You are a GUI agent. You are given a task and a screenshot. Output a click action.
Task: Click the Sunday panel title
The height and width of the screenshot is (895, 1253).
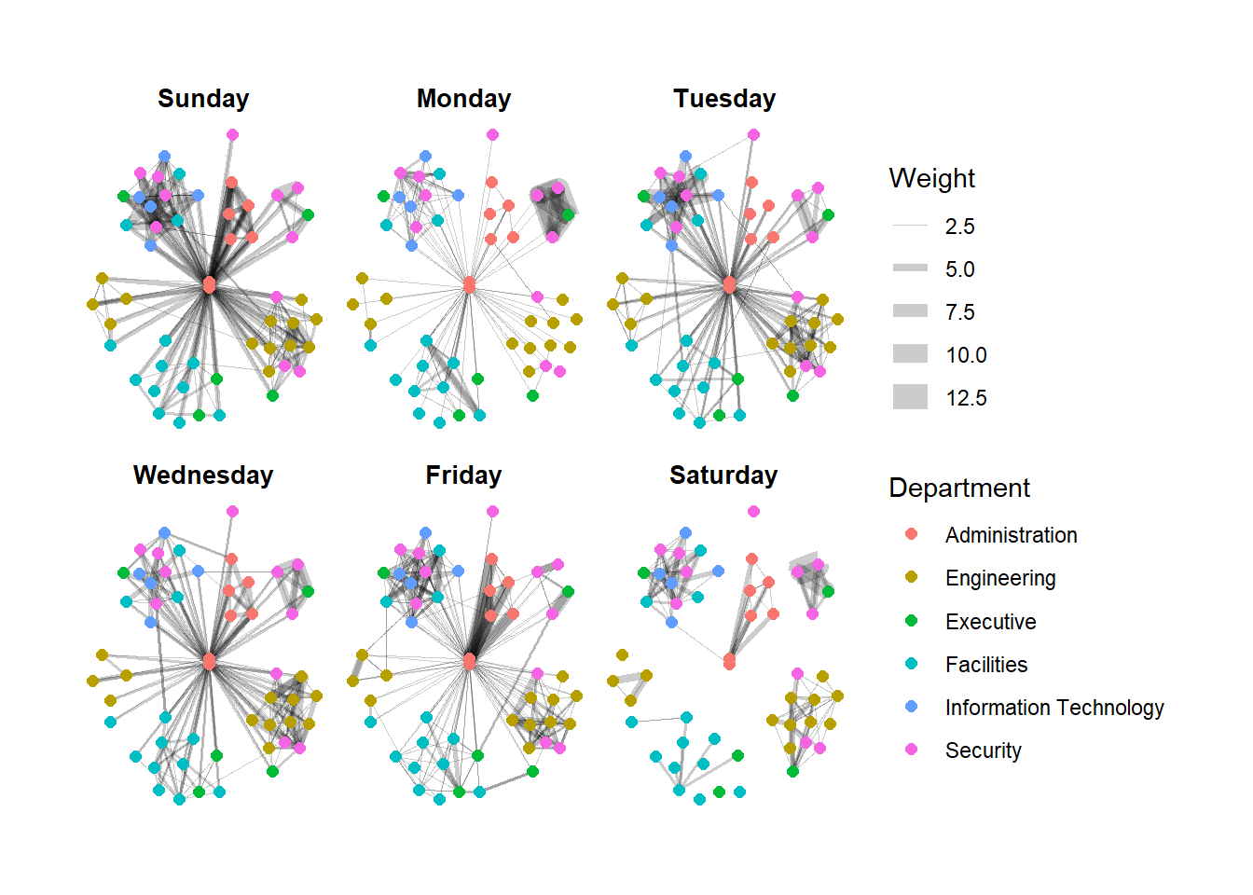coord(203,99)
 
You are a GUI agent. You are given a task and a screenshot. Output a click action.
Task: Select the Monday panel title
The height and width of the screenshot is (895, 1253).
coord(463,99)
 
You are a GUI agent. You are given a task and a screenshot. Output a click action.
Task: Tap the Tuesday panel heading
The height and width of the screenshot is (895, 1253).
coord(724,99)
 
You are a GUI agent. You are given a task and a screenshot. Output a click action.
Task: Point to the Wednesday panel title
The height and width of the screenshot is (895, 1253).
coord(203,475)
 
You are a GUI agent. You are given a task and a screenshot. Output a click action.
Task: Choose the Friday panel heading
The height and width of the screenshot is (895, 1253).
coord(463,475)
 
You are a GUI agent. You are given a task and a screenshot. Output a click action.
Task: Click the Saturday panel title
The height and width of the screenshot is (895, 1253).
coord(723,475)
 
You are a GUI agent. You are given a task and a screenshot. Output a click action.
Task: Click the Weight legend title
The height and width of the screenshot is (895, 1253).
coord(931,178)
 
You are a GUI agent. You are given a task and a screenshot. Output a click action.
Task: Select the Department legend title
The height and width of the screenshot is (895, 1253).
coord(958,488)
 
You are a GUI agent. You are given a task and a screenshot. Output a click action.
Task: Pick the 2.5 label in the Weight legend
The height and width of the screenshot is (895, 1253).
coord(959,227)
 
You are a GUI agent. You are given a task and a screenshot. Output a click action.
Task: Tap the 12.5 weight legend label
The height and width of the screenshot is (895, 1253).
coord(966,398)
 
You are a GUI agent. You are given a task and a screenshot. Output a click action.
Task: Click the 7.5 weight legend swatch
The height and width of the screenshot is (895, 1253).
coord(910,311)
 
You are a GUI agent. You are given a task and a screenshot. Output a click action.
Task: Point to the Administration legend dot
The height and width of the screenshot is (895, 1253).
coord(912,534)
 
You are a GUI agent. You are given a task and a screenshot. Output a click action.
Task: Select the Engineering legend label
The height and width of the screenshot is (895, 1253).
coord(999,578)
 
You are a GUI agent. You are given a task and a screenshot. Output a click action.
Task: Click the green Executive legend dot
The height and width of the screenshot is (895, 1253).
coord(912,621)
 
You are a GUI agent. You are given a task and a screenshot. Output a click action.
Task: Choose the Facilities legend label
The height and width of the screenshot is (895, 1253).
coord(985,665)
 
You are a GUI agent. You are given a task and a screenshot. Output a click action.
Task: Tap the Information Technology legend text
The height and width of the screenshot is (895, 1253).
coord(1053,708)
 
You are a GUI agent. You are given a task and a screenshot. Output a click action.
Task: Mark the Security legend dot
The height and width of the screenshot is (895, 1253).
coord(912,750)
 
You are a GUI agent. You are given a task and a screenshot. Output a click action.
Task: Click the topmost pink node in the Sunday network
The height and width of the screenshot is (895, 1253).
coord(232,135)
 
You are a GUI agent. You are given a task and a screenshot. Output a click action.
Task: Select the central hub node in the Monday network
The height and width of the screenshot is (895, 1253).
coord(469,284)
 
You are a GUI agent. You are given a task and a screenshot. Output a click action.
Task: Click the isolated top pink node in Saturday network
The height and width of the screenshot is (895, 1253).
coord(753,511)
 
